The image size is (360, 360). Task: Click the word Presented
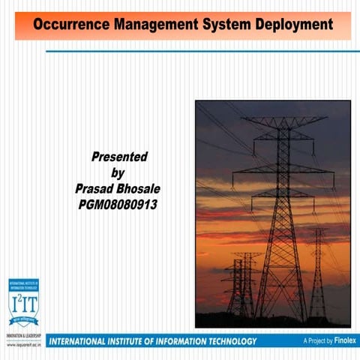pos(119,157)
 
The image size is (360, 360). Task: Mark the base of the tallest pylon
pos(281,315)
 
